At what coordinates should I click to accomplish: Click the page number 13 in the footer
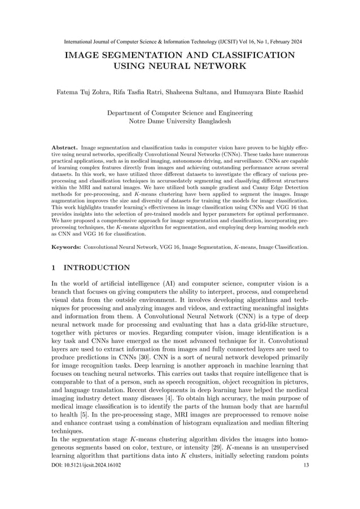pyautogui.click(x=306, y=466)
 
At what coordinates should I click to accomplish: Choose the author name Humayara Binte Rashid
pyautogui.click(x=264, y=91)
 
